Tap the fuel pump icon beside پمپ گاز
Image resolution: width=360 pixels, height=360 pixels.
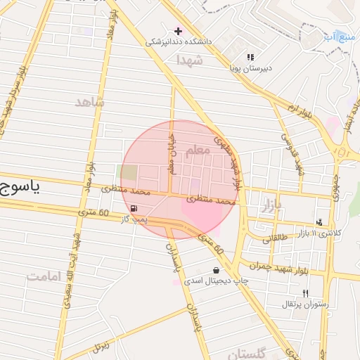(133, 209)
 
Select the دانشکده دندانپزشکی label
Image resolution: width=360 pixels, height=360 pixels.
(179, 41)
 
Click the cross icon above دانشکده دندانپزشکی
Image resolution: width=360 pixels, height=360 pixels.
(178, 31)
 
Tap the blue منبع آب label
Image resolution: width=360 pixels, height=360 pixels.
(339, 36)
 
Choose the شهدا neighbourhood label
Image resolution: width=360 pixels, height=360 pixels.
(190, 59)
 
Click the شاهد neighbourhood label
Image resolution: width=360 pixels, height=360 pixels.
(89, 102)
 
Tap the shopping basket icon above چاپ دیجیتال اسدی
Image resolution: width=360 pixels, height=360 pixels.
(216, 270)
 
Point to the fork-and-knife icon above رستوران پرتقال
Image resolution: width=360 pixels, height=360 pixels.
(304, 293)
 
